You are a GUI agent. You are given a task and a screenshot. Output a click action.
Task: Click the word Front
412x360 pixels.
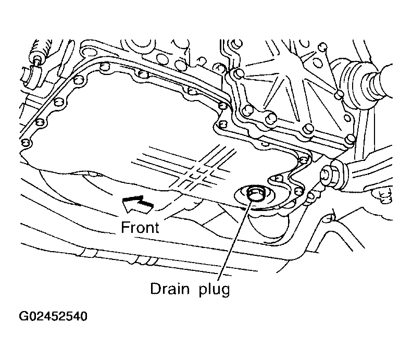pos(140,228)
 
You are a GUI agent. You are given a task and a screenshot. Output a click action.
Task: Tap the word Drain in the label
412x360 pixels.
pos(170,289)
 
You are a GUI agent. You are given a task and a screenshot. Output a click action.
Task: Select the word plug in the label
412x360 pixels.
pos(214,290)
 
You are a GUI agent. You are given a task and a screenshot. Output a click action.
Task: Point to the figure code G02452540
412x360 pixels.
pos(53,316)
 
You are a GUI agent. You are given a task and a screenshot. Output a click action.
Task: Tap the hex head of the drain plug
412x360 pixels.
pos(254,195)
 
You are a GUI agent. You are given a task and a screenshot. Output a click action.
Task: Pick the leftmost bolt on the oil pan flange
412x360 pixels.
pos(26,143)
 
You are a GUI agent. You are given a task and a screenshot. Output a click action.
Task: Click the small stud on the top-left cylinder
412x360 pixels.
pos(36,58)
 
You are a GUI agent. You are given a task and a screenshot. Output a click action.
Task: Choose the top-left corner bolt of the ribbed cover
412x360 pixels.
pos(239,72)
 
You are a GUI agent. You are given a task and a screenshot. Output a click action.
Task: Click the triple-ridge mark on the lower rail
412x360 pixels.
pos(146,261)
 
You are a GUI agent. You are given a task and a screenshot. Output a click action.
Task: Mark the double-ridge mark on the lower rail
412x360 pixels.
pos(88,253)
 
